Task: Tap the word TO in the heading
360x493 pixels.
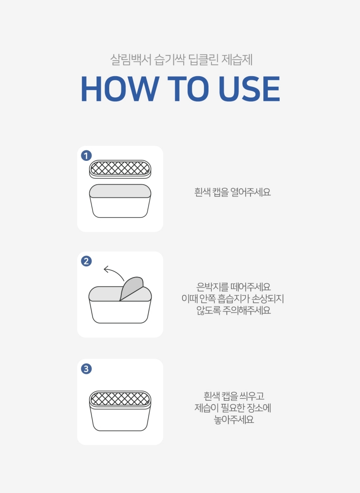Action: click(188, 89)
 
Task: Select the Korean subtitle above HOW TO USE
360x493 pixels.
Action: click(181, 59)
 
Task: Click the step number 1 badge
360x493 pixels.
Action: click(86, 156)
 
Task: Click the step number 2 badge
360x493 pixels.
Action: click(86, 261)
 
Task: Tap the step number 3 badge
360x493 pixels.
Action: click(86, 369)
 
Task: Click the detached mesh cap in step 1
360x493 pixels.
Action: click(120, 169)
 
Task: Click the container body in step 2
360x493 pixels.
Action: click(120, 312)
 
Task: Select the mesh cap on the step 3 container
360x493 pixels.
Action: click(120, 399)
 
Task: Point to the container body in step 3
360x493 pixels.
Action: click(120, 419)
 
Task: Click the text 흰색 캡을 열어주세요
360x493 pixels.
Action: click(233, 192)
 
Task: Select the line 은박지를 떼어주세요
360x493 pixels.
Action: click(234, 287)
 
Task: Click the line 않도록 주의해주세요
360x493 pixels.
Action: click(234, 310)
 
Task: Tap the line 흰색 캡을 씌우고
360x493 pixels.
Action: click(234, 396)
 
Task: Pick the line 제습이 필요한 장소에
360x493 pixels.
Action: click(233, 408)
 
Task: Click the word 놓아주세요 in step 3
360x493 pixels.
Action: click(234, 420)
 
